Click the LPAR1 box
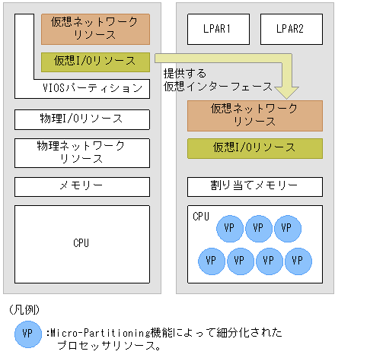tap(216, 30)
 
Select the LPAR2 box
tap(291, 30)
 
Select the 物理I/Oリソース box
tap(81, 119)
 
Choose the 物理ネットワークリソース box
tap(81, 152)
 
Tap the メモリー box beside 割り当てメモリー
tap(81, 185)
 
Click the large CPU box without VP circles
tap(81, 243)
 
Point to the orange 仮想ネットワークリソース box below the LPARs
tap(254, 115)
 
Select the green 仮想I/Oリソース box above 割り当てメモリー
tap(254, 147)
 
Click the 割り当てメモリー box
tap(254, 185)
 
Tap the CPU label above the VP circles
tap(201, 217)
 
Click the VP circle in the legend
tap(27, 334)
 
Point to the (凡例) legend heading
tap(24, 310)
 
